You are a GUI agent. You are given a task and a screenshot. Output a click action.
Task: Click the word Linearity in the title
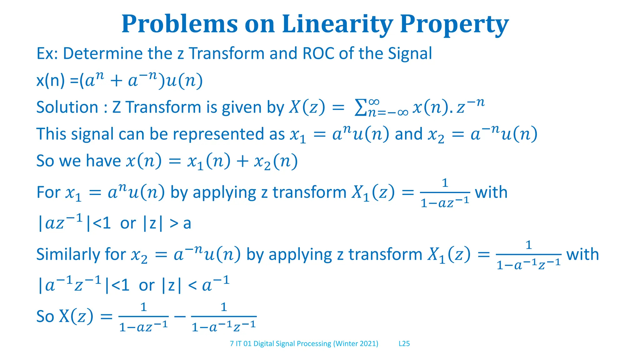click(x=337, y=24)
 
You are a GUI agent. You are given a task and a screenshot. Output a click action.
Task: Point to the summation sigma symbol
click(x=361, y=108)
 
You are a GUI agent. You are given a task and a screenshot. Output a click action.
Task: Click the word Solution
click(x=67, y=107)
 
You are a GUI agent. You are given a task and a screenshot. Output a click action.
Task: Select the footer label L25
click(x=404, y=344)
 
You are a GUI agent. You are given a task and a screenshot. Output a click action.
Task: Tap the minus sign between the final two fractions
click(x=180, y=317)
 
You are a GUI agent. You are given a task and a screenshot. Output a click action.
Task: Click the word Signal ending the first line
click(x=410, y=53)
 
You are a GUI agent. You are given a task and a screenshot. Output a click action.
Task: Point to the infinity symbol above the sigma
click(x=374, y=102)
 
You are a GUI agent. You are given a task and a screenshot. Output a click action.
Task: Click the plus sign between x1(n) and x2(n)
click(x=242, y=161)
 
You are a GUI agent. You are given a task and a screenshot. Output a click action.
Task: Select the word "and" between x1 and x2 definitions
click(x=409, y=134)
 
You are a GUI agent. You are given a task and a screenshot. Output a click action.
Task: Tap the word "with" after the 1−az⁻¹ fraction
click(x=491, y=192)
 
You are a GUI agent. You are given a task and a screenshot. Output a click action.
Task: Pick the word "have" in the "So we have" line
click(x=103, y=161)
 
